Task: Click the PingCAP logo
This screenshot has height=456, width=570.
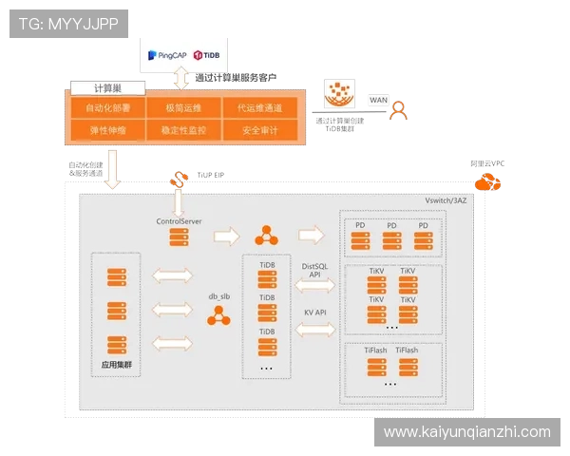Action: tap(167, 57)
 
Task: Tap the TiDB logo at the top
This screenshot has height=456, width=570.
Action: tap(207, 57)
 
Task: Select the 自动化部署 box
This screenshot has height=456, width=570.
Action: tap(105, 107)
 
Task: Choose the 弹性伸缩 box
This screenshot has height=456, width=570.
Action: tap(105, 130)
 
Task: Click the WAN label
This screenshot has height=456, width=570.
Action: tap(378, 99)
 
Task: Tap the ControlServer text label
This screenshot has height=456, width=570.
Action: tap(179, 220)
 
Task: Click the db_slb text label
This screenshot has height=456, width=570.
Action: tap(220, 296)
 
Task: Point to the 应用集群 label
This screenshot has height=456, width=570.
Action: tap(117, 363)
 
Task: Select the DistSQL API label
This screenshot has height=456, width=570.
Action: tap(315, 271)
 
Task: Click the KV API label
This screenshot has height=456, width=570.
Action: tap(315, 312)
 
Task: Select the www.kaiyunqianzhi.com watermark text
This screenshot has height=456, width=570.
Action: tap(466, 431)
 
